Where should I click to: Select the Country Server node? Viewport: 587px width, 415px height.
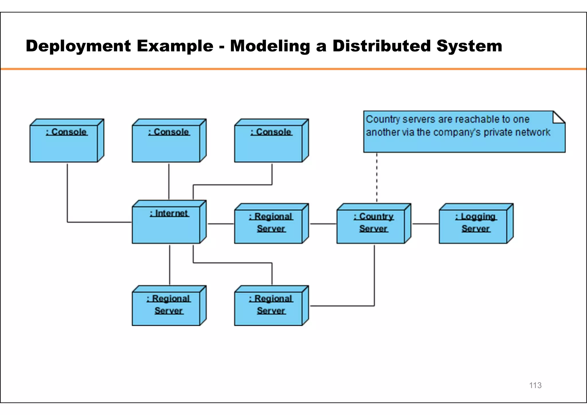(x=371, y=226)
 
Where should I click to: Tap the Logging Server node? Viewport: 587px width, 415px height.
(x=473, y=226)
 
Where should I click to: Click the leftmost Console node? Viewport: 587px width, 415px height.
(x=64, y=143)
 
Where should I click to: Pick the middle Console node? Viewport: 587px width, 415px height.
(x=166, y=143)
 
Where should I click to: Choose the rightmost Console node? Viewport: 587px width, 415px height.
(x=269, y=143)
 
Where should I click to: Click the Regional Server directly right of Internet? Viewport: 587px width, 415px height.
(x=269, y=226)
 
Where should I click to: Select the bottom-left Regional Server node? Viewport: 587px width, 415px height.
(x=166, y=308)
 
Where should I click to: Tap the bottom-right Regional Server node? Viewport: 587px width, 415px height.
(x=269, y=308)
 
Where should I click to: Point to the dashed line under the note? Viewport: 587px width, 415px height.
(x=377, y=178)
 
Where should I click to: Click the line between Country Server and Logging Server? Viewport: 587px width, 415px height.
(x=425, y=224)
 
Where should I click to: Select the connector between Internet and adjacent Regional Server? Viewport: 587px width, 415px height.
(x=221, y=224)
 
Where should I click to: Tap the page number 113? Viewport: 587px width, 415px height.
(x=535, y=385)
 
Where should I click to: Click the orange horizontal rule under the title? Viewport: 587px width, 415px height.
(x=293, y=69)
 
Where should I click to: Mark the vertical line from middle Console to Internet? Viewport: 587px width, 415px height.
(x=169, y=182)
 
